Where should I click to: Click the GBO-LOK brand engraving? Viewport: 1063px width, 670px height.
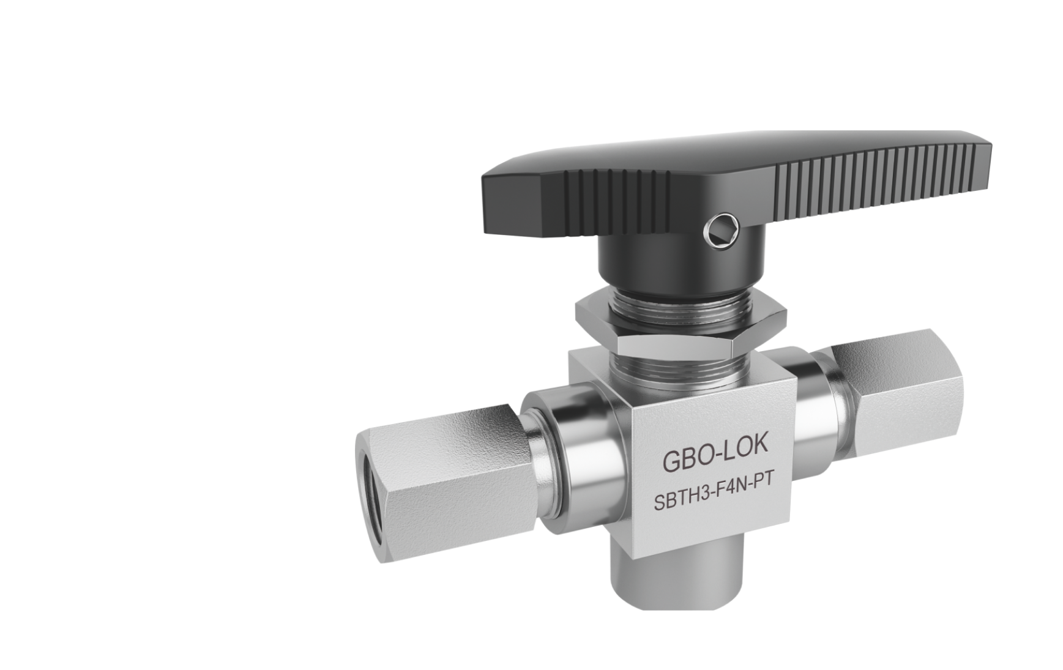(714, 461)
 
